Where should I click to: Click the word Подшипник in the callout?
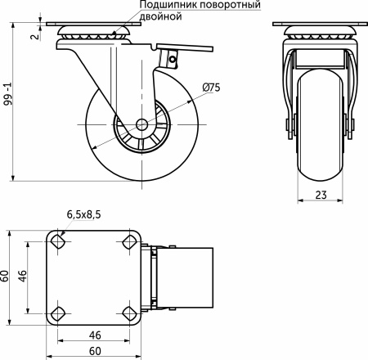click(160, 6)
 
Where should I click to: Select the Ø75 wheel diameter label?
click(211, 88)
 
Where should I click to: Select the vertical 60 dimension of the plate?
click(7, 277)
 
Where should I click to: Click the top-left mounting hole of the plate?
click(58, 242)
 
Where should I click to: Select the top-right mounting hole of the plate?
click(129, 242)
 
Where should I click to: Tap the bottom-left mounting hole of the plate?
click(58, 313)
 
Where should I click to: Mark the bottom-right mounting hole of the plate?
click(129, 313)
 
